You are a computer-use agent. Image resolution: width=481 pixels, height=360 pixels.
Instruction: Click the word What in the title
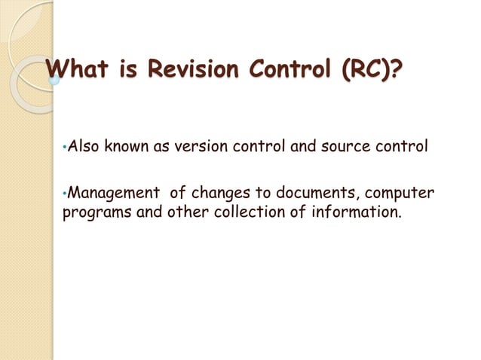pos(78,72)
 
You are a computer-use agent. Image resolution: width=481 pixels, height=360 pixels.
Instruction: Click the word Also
pos(83,146)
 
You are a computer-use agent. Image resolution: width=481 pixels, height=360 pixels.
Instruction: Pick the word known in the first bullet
pos(127,146)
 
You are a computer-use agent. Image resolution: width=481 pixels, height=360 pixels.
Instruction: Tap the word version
pos(200,146)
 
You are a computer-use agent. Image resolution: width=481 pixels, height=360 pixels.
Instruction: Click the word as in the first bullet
pos(162,146)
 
